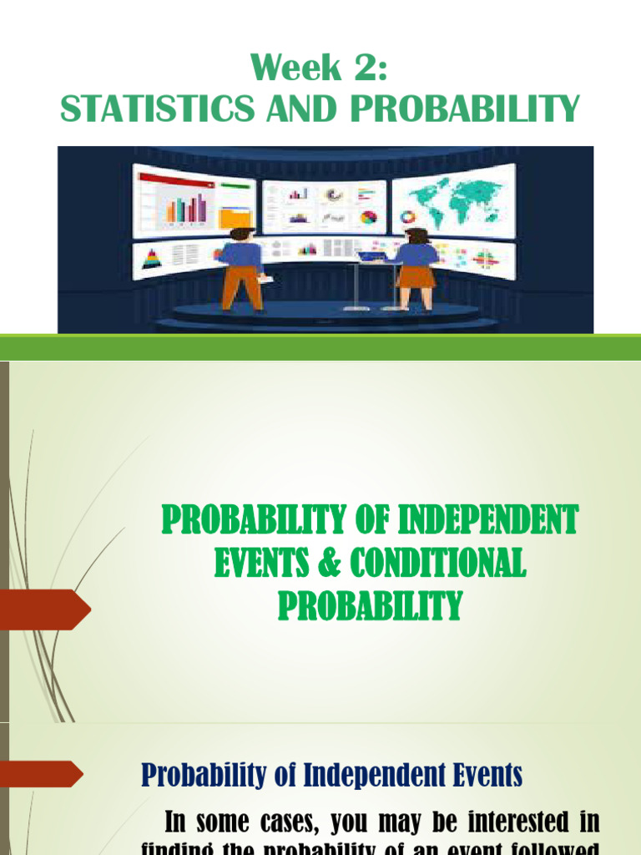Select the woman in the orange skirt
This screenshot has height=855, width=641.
click(x=416, y=267)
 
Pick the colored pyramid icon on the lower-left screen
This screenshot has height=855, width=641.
click(x=152, y=258)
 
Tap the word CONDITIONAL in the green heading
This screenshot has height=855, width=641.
click(x=437, y=564)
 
